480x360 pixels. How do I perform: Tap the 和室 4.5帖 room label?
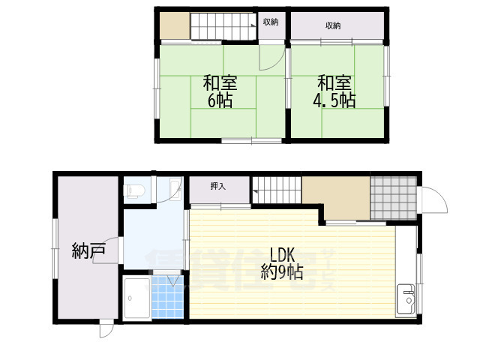click(x=334, y=91)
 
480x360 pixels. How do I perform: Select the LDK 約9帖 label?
click(x=282, y=262)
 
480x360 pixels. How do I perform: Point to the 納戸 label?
click(x=88, y=250)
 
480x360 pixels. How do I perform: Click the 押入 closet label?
click(x=217, y=186)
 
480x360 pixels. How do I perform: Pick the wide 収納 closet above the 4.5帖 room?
click(x=333, y=25)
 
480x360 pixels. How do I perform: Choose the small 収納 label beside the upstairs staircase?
click(x=271, y=22)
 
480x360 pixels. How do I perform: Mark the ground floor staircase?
click(x=276, y=190)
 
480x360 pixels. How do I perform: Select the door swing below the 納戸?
click(x=106, y=329)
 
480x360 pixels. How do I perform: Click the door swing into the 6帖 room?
click(x=269, y=57)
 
